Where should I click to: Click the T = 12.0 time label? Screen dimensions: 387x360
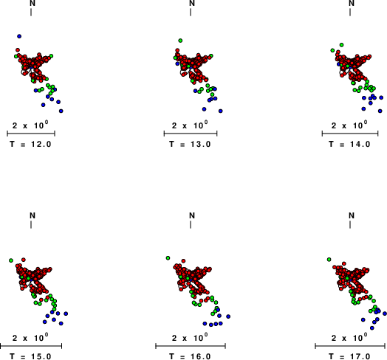[30, 144]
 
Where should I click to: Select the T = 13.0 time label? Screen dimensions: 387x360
[190, 144]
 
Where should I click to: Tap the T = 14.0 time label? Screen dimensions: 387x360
[350, 144]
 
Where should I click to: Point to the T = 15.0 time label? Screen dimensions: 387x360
[30, 356]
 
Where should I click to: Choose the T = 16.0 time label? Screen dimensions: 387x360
[190, 356]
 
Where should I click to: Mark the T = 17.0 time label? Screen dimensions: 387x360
[350, 356]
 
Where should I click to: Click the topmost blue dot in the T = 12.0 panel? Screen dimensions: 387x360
[19, 36]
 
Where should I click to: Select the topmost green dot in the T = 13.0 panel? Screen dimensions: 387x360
[180, 41]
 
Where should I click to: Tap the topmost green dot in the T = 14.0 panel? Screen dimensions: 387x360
[342, 45]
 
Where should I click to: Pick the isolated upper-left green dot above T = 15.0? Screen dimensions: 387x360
[11, 260]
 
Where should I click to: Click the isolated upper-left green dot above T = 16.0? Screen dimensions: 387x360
[168, 258]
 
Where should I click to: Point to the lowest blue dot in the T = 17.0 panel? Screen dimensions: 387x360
[372, 328]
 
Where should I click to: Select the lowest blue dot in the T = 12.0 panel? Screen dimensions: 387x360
[61, 111]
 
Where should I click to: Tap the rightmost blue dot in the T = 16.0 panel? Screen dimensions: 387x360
[228, 316]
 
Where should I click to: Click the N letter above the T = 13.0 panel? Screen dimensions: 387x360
[192, 3]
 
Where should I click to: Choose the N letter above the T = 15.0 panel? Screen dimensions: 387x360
[32, 215]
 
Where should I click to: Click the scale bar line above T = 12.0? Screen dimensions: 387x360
[31, 134]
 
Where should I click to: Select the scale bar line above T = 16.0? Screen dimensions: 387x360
[191, 346]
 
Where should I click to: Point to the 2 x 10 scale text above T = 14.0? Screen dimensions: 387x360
[349, 125]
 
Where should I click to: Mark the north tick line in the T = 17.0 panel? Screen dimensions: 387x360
[350, 224]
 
